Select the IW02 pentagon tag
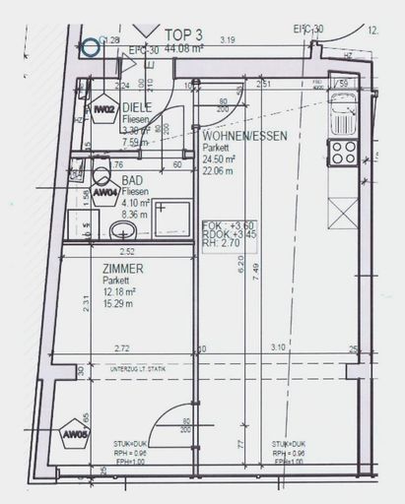[105, 110]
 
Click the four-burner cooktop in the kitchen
[343, 153]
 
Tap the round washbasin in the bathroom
[123, 230]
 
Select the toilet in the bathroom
[102, 177]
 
